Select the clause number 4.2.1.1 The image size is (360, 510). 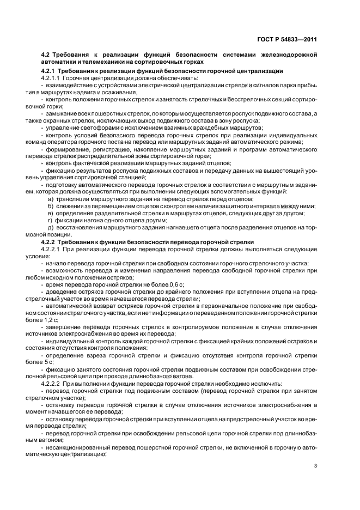[53, 79]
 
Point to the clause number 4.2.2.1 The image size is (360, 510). [53, 248]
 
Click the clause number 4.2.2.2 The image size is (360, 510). [53, 383]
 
